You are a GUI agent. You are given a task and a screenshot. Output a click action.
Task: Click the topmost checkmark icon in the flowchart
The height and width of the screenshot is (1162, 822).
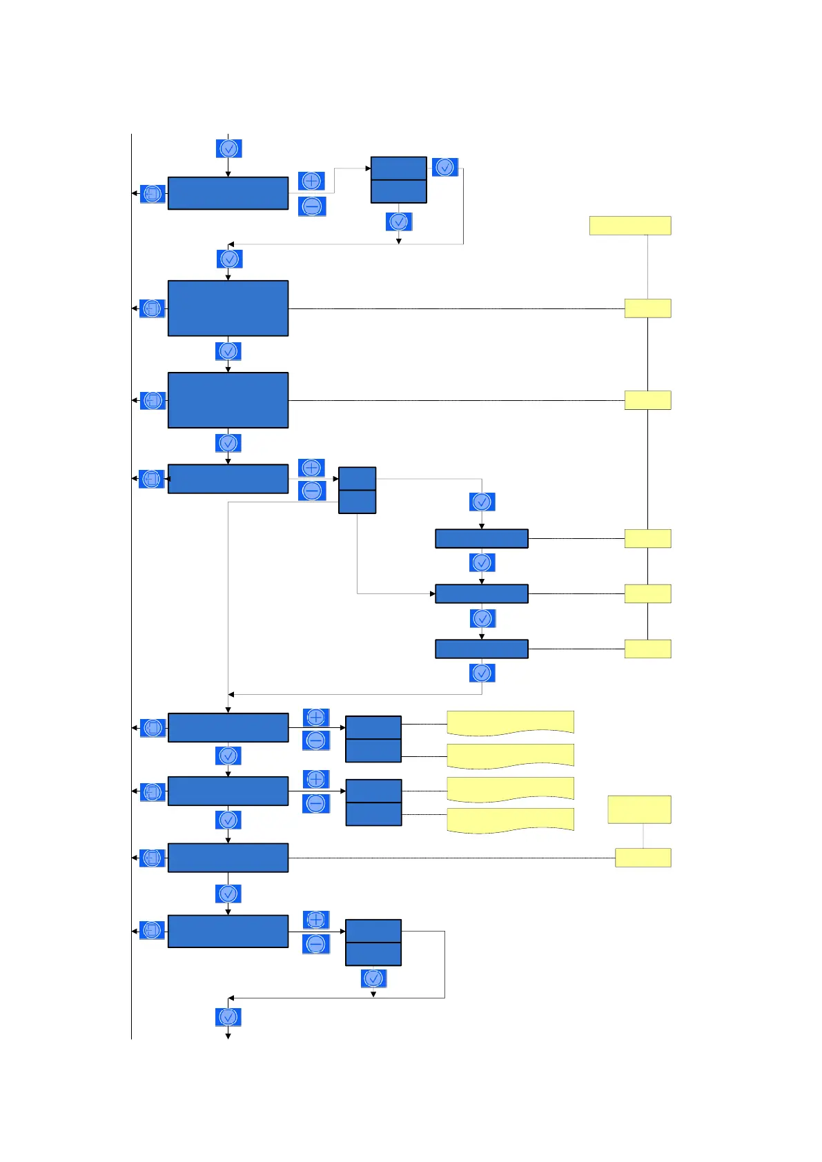pyautogui.click(x=228, y=148)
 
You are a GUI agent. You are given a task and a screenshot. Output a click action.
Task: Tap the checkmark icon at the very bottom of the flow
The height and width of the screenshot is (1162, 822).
pyautogui.click(x=228, y=1016)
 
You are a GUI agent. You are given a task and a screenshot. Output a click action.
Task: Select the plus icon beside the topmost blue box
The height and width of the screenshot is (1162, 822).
pyautogui.click(x=311, y=181)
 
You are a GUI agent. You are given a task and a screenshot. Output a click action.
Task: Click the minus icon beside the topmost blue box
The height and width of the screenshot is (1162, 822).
pyautogui.click(x=311, y=206)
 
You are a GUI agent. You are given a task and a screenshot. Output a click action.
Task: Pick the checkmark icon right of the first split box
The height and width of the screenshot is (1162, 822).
pyautogui.click(x=445, y=167)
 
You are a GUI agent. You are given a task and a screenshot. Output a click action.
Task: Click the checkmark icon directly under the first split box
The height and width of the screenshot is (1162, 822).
pyautogui.click(x=399, y=221)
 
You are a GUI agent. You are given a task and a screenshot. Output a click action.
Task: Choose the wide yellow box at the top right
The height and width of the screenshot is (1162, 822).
pyautogui.click(x=629, y=226)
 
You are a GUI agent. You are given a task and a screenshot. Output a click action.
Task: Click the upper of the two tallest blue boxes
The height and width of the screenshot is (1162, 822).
pyautogui.click(x=228, y=308)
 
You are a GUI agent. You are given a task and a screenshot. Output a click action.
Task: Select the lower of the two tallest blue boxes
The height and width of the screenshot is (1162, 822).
pyautogui.click(x=228, y=400)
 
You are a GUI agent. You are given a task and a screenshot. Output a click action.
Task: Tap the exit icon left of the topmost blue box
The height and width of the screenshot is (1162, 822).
pyautogui.click(x=153, y=193)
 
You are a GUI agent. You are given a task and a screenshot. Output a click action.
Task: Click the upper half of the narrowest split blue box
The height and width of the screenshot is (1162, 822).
pyautogui.click(x=357, y=478)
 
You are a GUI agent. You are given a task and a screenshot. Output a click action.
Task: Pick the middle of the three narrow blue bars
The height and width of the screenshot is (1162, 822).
pyautogui.click(x=481, y=593)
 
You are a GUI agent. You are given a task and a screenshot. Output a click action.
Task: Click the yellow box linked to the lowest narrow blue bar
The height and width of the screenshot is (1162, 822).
pyautogui.click(x=647, y=649)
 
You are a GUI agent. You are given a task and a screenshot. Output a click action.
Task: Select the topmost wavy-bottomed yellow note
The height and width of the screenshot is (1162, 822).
pyautogui.click(x=510, y=722)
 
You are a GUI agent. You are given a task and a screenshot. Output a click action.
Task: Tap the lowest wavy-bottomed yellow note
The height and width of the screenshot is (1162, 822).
pyautogui.click(x=510, y=820)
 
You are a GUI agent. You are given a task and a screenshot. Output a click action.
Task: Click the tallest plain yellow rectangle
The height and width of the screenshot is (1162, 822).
pyautogui.click(x=639, y=809)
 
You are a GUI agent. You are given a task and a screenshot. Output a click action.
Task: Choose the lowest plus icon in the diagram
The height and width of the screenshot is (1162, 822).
pyautogui.click(x=315, y=920)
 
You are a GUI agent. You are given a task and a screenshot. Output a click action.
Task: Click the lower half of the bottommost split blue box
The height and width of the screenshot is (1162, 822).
pyautogui.click(x=373, y=954)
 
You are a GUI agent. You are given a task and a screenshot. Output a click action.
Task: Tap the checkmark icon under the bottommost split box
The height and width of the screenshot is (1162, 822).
pyautogui.click(x=373, y=978)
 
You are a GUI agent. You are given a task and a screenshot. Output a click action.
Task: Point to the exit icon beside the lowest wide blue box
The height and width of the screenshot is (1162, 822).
pyautogui.click(x=153, y=930)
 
